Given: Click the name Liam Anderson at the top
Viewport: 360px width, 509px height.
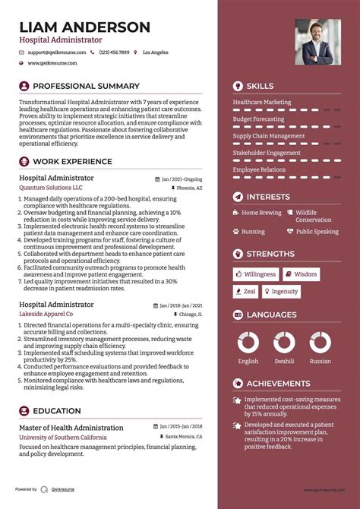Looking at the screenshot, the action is pos(84,27).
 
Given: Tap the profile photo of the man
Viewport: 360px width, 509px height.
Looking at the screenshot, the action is pos(317,43).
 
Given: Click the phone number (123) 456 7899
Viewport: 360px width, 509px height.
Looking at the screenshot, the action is pos(114,52).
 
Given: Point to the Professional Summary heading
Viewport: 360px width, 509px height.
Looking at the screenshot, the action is pos(86,86).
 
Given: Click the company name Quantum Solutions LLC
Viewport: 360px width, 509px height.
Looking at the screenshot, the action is pos(51,188).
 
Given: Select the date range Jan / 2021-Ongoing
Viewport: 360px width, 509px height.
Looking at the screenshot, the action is pos(181,179).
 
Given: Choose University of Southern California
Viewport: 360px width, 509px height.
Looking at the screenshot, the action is pos(62,438).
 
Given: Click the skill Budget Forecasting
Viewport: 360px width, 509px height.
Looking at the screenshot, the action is pos(259,119).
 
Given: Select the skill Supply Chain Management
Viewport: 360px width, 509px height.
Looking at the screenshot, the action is pos(268,136).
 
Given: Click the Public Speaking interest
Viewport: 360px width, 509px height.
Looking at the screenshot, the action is pos(317,232).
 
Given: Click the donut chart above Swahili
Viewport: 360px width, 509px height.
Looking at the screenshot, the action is pos(284,342).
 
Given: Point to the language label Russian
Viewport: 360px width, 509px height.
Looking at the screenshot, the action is pos(320,362).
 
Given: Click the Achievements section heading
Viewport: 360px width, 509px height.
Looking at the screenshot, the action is pos(278,384).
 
